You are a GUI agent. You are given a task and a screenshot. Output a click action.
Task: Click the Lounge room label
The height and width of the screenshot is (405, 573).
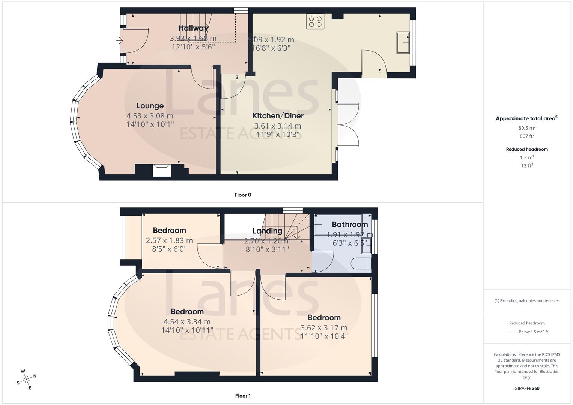pyautogui.click(x=150, y=106)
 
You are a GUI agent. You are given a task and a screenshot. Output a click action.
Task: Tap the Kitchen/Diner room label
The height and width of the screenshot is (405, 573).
pyautogui.click(x=278, y=116)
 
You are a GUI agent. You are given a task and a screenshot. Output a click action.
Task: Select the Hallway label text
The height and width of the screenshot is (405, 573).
pyautogui.click(x=193, y=28)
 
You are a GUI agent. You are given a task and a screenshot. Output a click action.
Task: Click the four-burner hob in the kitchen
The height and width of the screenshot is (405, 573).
pyautogui.click(x=315, y=21)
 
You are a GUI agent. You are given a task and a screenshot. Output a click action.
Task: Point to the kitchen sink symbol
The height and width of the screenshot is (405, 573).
pyautogui.click(x=403, y=43)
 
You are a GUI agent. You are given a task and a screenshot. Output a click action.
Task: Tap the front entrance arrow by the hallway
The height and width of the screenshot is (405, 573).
pyautogui.click(x=120, y=40)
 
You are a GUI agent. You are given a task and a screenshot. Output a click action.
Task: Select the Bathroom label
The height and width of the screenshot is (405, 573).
pyautogui.click(x=349, y=225)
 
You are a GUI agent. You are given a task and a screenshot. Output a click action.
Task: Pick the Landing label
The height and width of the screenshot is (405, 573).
pyautogui.click(x=267, y=231)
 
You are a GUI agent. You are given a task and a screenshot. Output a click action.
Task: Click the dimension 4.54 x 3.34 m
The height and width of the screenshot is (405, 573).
pyautogui.click(x=187, y=322)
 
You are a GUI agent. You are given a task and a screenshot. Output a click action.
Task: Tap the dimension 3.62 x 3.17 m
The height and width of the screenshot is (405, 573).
pyautogui.click(x=324, y=328)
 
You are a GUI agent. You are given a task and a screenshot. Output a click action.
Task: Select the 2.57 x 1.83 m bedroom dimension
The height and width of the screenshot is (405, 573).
pyautogui.click(x=169, y=240)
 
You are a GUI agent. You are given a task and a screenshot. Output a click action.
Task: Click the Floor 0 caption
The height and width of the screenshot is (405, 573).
pyautogui.click(x=243, y=195)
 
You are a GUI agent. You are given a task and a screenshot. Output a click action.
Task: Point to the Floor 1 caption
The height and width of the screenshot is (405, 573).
pyautogui.click(x=243, y=396)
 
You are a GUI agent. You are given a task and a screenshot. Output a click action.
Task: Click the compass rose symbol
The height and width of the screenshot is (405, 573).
pyautogui.click(x=26, y=379)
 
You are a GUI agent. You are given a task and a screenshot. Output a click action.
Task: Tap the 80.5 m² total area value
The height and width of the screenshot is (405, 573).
pyautogui.click(x=527, y=128)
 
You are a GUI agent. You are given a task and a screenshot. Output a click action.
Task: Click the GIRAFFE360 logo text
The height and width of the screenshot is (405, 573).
pyautogui.click(x=527, y=388)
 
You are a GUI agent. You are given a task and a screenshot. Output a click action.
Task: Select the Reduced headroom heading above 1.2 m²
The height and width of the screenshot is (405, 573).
pyautogui.click(x=527, y=149)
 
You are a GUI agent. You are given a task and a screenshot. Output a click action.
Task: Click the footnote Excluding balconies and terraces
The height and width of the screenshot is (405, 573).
pyautogui.click(x=527, y=300)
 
